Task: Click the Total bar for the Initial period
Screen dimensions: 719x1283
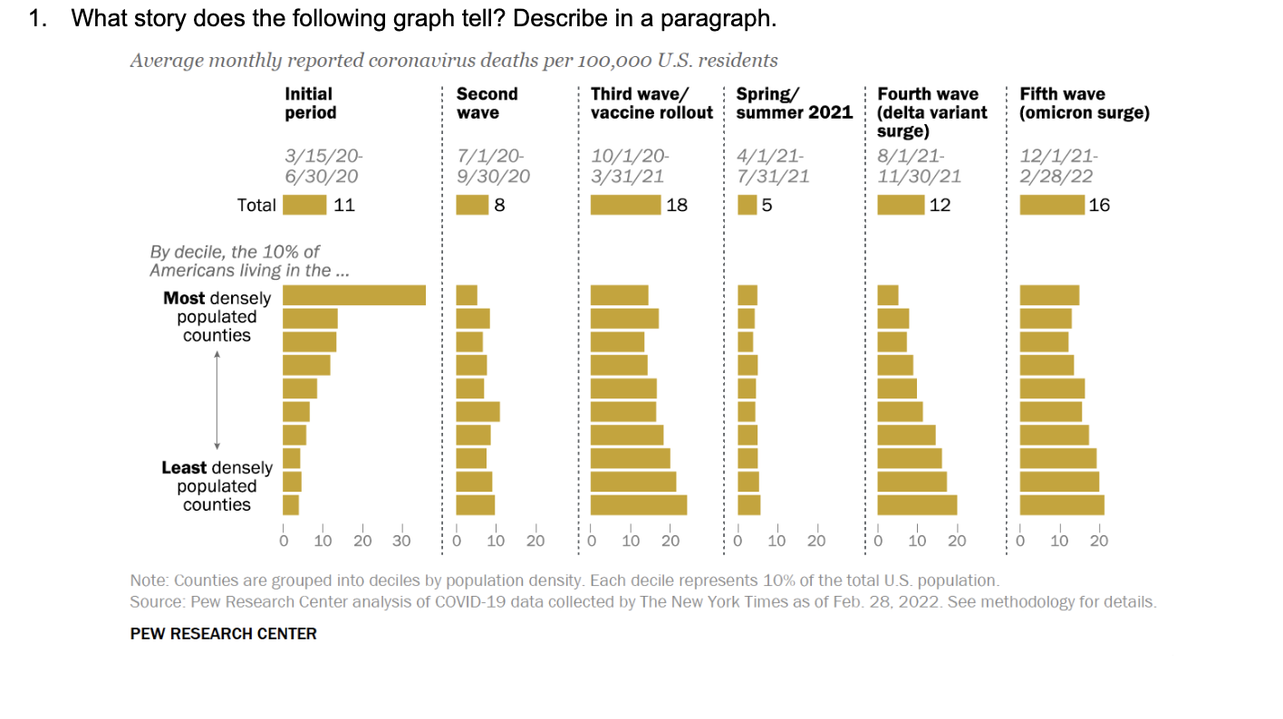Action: (x=304, y=205)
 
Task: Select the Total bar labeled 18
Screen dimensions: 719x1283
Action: (x=625, y=205)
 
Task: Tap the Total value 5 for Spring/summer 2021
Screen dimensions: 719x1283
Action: (x=767, y=205)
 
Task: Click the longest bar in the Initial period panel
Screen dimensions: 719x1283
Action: (x=354, y=295)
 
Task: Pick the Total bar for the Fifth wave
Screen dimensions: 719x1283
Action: (x=1052, y=205)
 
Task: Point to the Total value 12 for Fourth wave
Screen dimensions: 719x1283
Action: (x=941, y=205)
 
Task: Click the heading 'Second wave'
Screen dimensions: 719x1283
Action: (x=487, y=103)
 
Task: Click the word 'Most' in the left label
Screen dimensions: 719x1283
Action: (x=185, y=298)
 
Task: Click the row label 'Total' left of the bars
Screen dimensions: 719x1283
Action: (x=256, y=205)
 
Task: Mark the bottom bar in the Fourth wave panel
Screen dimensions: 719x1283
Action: (x=917, y=505)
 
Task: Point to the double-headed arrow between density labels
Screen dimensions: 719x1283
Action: (x=217, y=399)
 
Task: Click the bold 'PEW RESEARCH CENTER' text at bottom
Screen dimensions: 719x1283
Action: (x=224, y=634)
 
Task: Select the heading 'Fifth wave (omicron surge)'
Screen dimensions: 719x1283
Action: (x=1084, y=103)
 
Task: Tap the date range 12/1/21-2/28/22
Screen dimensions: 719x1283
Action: (x=1057, y=166)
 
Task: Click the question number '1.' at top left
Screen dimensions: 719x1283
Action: (x=37, y=19)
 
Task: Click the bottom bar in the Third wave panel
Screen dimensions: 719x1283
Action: (x=638, y=505)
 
